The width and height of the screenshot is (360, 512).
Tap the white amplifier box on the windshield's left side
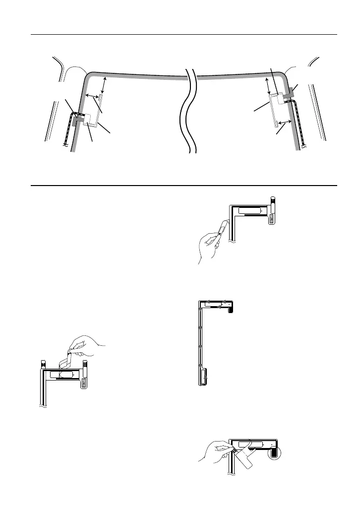point(91,120)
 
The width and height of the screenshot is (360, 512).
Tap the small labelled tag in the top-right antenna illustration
point(271,219)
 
